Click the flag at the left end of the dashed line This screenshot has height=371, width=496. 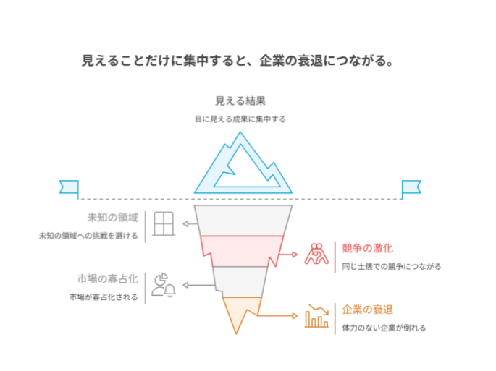[x=69, y=187]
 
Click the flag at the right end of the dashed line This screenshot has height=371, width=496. [x=411, y=187]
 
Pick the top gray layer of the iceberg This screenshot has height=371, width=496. [x=243, y=220]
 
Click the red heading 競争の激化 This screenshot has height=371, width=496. [x=368, y=248]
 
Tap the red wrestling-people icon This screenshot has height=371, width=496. [x=316, y=255]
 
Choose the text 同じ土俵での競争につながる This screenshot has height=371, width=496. [x=392, y=266]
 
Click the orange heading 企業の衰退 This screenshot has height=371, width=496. [x=368, y=310]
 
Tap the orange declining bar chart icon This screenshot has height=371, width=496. [x=316, y=316]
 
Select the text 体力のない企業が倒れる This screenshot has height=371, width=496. [x=384, y=328]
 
